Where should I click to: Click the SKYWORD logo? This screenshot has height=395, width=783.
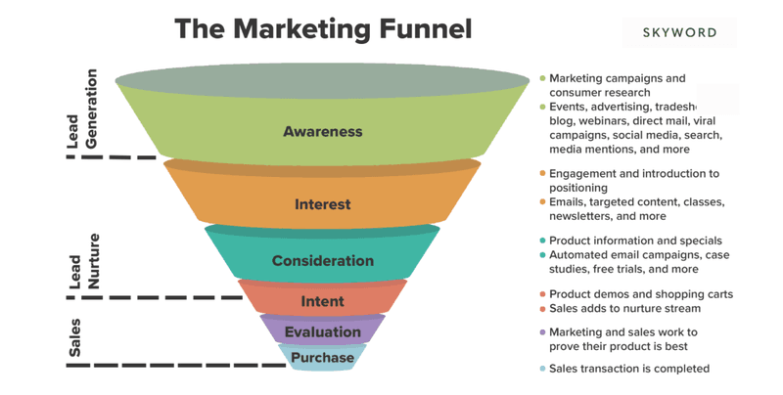tap(679, 33)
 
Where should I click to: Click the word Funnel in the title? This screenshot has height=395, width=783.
tap(426, 28)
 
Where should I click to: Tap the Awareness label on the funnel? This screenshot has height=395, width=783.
tap(323, 131)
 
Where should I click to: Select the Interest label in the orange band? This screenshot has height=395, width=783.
tap(323, 204)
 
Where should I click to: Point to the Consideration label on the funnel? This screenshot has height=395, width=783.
tap(323, 260)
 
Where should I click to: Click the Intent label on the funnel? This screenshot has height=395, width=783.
tap(323, 301)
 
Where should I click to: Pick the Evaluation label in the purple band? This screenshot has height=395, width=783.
tap(323, 331)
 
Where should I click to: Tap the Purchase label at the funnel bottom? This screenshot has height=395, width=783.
tap(323, 357)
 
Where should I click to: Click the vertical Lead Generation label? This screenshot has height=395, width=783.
tap(82, 109)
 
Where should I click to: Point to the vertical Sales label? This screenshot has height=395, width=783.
tap(74, 337)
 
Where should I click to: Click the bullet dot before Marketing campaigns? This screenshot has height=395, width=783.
tap(542, 78)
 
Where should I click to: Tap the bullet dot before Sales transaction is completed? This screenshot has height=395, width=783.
tap(542, 369)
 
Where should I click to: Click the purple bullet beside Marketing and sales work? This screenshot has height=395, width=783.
tap(542, 332)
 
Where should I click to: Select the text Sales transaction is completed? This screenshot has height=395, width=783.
tap(629, 369)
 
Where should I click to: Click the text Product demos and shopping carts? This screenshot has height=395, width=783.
tap(641, 294)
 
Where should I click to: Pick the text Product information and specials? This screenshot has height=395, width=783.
tap(635, 241)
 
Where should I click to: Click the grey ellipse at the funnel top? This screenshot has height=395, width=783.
tap(322, 81)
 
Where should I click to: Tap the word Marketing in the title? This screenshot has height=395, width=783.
tap(302, 29)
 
